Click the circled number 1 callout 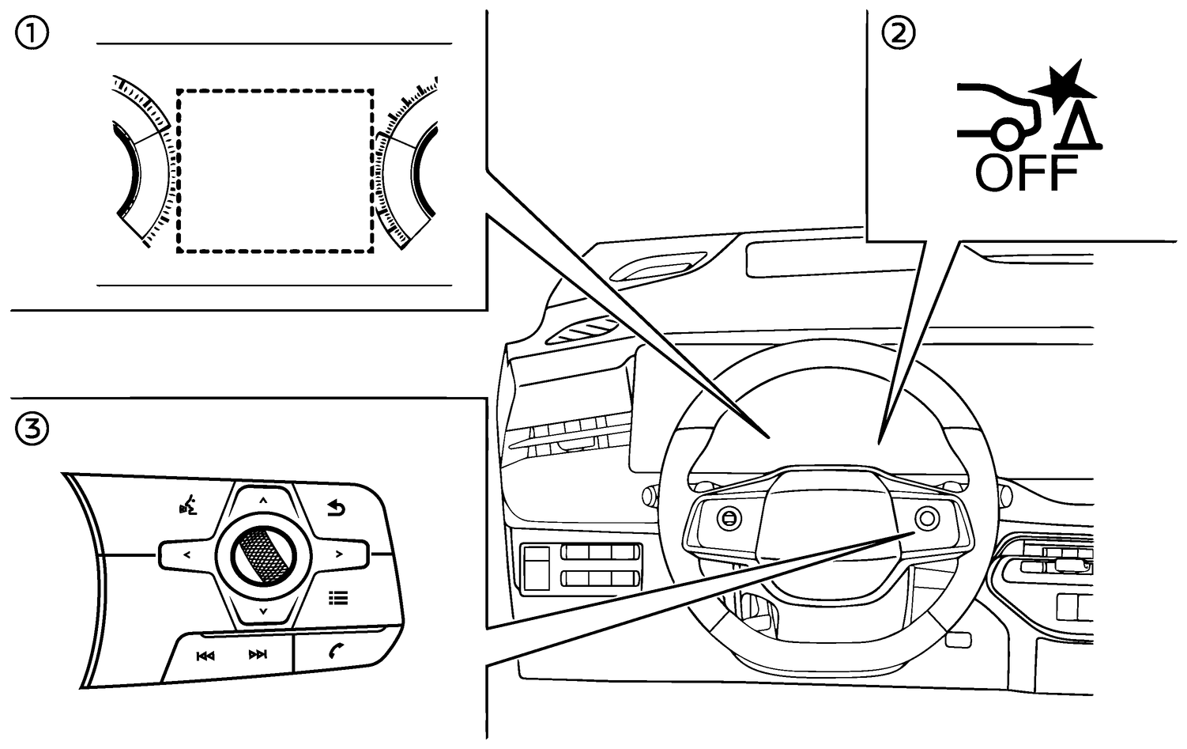(32, 34)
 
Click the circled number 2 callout (899, 34)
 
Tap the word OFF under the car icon (1027, 173)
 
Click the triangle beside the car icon (1080, 129)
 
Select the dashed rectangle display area (275, 171)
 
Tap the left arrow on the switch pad (187, 554)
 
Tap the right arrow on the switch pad (339, 554)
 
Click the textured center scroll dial (263, 554)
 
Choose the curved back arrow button (338, 508)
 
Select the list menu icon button (338, 598)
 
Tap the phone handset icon (338, 653)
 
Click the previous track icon (205, 655)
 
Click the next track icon (258, 655)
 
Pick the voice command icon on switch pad (187, 506)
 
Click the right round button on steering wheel (926, 518)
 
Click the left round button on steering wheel (727, 518)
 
